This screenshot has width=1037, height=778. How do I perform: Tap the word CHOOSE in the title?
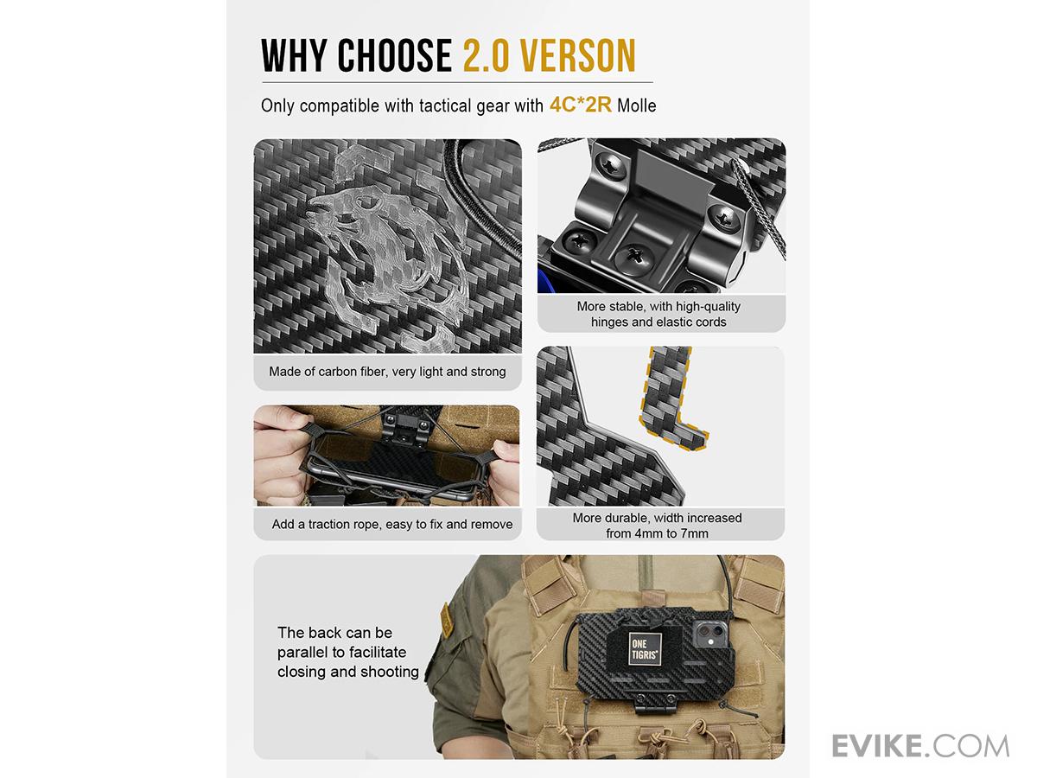pyautogui.click(x=394, y=55)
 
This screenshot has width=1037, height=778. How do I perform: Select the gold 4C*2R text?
pyautogui.click(x=580, y=105)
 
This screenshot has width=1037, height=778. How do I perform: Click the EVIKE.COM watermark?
pyautogui.click(x=920, y=746)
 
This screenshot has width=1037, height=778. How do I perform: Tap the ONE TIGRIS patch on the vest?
pyautogui.click(x=645, y=649)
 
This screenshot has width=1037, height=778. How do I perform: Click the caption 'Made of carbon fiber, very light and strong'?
pyautogui.click(x=387, y=372)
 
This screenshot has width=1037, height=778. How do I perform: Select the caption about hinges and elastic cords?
pyautogui.click(x=658, y=314)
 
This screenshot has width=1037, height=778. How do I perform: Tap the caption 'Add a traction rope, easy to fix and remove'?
pyautogui.click(x=392, y=524)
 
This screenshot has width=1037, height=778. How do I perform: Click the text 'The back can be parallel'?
pyautogui.click(x=335, y=642)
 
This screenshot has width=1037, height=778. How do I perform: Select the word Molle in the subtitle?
pyautogui.click(x=636, y=105)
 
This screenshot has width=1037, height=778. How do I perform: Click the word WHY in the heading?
pyautogui.click(x=294, y=55)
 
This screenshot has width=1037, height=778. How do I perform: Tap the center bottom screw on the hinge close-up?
pyautogui.click(x=634, y=258)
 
